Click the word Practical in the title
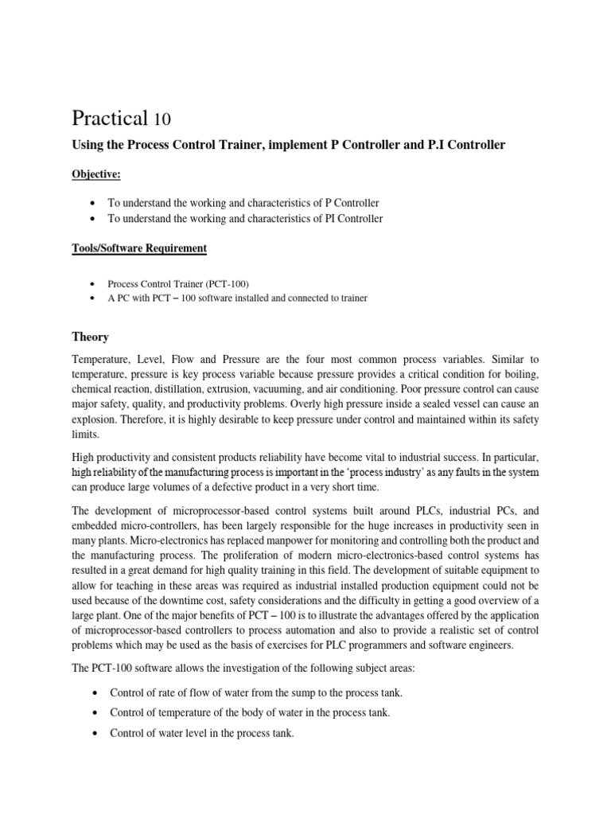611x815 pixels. click(110, 119)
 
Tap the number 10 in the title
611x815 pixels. click(162, 120)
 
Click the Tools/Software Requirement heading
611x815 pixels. click(140, 248)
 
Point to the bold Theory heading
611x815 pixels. click(91, 337)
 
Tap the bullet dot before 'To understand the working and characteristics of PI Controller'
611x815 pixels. click(95, 218)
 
